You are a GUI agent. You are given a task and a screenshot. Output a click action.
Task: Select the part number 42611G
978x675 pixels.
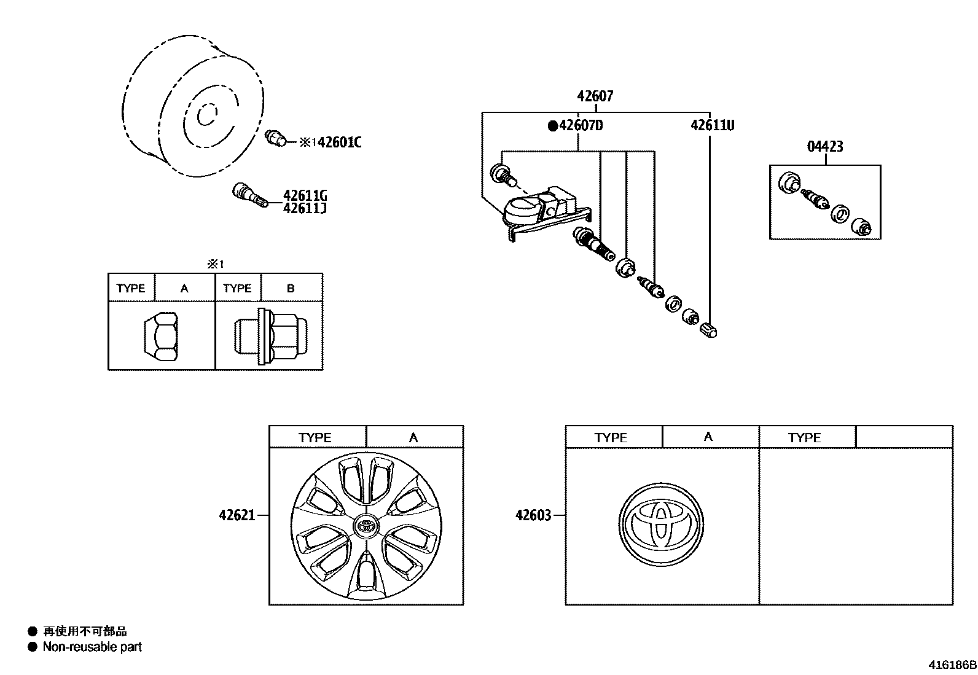[x=305, y=196]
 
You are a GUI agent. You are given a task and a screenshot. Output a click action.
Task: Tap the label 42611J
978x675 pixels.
[x=305, y=209]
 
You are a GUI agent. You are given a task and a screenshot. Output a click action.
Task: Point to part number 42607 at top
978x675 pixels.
[x=595, y=96]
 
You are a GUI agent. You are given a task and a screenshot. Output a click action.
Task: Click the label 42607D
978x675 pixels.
[x=581, y=126]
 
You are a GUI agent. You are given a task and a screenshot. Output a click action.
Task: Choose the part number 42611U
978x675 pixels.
[x=712, y=125]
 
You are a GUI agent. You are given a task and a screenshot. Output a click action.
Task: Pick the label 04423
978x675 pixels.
[x=825, y=146]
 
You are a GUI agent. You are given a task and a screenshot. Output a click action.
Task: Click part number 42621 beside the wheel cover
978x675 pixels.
[x=237, y=515]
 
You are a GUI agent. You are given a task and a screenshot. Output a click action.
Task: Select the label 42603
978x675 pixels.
[x=533, y=515]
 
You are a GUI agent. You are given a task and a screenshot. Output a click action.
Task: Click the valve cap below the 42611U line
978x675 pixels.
[x=710, y=330]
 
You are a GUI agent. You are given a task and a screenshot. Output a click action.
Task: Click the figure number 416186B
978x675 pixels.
[x=952, y=665]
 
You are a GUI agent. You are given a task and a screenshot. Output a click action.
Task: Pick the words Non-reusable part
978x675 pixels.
[x=92, y=647]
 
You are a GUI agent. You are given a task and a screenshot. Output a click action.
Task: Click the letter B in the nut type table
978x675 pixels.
[x=291, y=288]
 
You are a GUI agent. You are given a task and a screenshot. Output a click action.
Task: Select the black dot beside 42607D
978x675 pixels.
[x=552, y=126]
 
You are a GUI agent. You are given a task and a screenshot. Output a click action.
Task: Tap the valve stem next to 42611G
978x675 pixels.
[x=249, y=195]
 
